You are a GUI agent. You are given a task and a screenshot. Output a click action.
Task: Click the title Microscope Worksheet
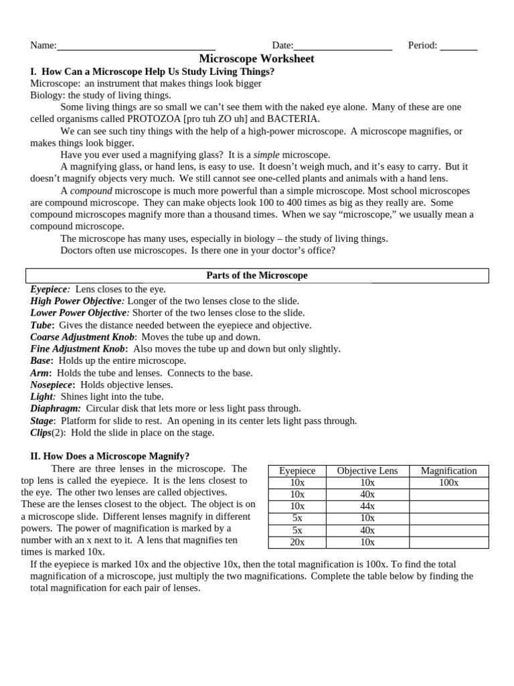(256, 59)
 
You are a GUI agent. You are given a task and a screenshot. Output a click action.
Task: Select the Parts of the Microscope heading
(256, 275)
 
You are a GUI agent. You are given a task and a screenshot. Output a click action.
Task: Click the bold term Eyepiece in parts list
(50, 289)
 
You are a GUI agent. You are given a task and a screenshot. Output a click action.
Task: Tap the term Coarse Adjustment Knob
(83, 337)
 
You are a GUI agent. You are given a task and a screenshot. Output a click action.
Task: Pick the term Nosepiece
(52, 385)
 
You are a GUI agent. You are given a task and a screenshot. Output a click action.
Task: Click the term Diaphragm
(56, 408)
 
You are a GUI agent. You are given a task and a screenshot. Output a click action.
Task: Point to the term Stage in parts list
(42, 421)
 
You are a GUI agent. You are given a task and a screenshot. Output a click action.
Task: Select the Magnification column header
(448, 471)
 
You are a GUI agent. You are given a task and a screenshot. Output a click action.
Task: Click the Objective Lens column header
(367, 471)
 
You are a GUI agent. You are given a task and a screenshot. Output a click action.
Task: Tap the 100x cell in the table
(448, 482)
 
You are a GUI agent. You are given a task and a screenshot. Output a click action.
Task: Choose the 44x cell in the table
(367, 506)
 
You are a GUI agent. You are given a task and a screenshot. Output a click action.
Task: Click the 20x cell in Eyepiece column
(297, 542)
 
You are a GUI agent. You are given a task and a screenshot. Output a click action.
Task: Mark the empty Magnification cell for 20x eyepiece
(448, 542)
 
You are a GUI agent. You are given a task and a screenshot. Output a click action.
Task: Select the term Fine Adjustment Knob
(78, 349)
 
